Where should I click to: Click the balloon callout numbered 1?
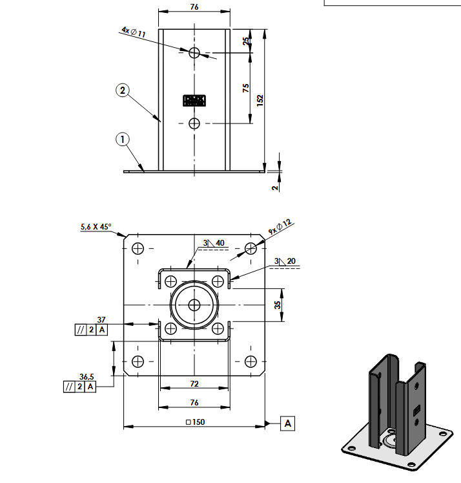tap(123, 138)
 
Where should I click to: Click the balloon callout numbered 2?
tap(123, 90)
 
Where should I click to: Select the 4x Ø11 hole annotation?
tap(133, 30)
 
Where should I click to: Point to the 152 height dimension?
tap(260, 100)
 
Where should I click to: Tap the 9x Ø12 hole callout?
tap(280, 226)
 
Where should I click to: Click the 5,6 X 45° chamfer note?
tap(96, 227)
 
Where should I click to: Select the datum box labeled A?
tap(288, 424)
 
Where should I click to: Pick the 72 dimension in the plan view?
tap(194, 383)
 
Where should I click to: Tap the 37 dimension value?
tap(101, 319)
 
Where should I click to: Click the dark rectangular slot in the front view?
tap(194, 100)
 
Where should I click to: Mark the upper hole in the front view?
tap(195, 53)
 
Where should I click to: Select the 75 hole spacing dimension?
tap(246, 89)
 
